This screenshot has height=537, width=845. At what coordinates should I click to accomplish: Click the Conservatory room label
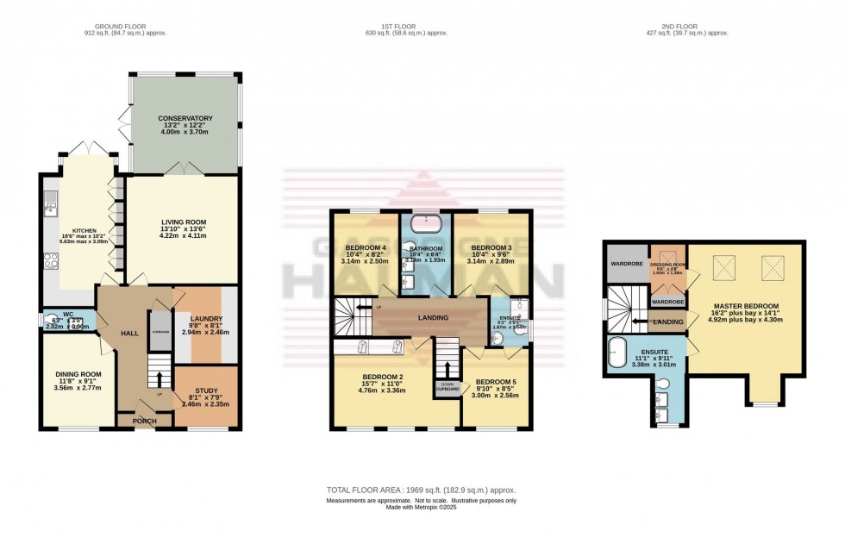[x=185, y=118]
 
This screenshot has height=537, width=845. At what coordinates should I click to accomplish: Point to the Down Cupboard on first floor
[x=447, y=387]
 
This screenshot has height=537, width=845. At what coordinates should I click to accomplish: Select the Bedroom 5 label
[x=497, y=381]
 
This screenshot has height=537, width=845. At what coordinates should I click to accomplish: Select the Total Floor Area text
[x=421, y=489]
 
